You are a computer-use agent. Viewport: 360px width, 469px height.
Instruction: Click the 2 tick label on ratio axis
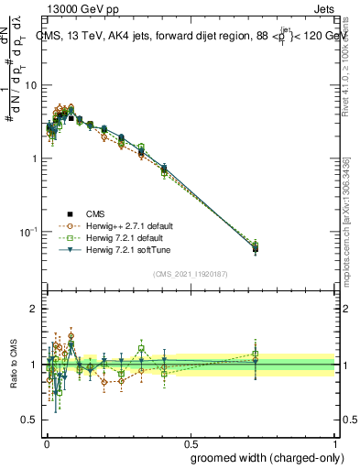[x=34, y=310]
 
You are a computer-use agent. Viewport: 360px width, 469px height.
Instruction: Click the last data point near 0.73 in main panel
[x=255, y=248]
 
